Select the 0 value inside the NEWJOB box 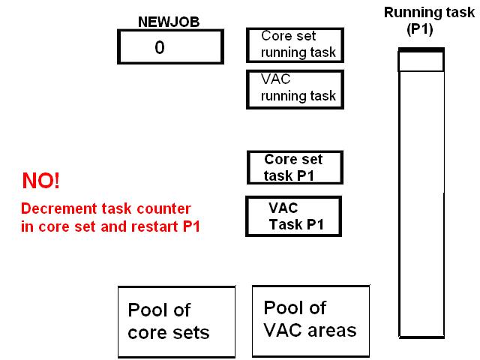click(160, 47)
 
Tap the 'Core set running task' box click(295, 45)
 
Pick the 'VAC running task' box click(295, 89)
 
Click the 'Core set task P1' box click(295, 168)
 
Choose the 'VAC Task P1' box click(294, 216)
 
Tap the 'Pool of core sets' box click(169, 322)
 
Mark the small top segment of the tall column click(421, 61)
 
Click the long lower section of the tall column click(421, 202)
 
